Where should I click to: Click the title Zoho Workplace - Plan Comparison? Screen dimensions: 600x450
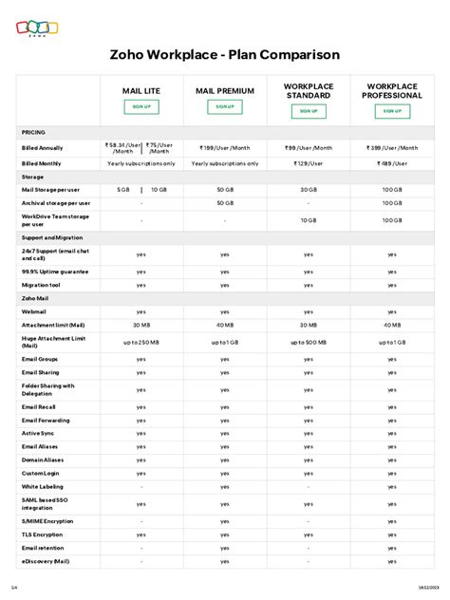[x=225, y=56]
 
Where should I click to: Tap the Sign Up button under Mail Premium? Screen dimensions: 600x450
[x=225, y=107]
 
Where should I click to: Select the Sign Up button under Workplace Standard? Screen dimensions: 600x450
[x=309, y=111]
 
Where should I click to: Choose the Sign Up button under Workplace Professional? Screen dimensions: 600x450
[x=392, y=111]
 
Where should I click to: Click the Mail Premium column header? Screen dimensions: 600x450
[x=225, y=91]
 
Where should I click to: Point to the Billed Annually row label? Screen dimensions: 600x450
[x=43, y=148]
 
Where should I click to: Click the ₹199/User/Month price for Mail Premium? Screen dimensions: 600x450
[x=225, y=148]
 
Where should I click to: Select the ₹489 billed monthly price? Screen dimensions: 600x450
[x=392, y=163]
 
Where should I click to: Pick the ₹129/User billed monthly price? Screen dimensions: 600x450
[x=309, y=163]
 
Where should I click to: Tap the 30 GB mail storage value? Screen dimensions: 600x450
[x=309, y=190]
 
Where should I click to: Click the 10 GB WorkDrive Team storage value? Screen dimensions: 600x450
[x=309, y=219]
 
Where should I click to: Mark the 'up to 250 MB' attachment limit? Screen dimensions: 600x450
[x=141, y=341]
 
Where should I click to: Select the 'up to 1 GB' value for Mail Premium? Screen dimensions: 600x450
[x=225, y=341]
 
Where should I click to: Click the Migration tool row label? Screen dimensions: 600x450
[x=41, y=284]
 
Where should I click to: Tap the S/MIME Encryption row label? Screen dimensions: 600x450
[x=47, y=521]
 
